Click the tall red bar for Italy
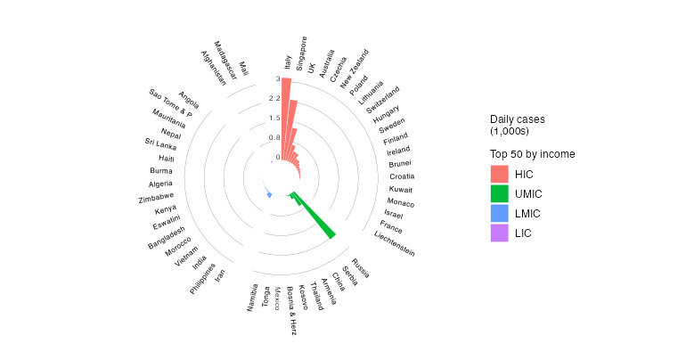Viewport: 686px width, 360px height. point(286,125)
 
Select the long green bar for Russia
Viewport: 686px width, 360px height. point(316,219)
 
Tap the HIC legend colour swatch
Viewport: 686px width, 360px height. point(499,174)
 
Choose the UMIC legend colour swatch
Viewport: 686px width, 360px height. point(499,193)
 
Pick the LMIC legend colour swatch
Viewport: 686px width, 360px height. point(499,213)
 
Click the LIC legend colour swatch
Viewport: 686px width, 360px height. point(499,233)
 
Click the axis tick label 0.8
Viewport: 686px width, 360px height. point(274,137)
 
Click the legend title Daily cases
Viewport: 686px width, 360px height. point(517,119)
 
